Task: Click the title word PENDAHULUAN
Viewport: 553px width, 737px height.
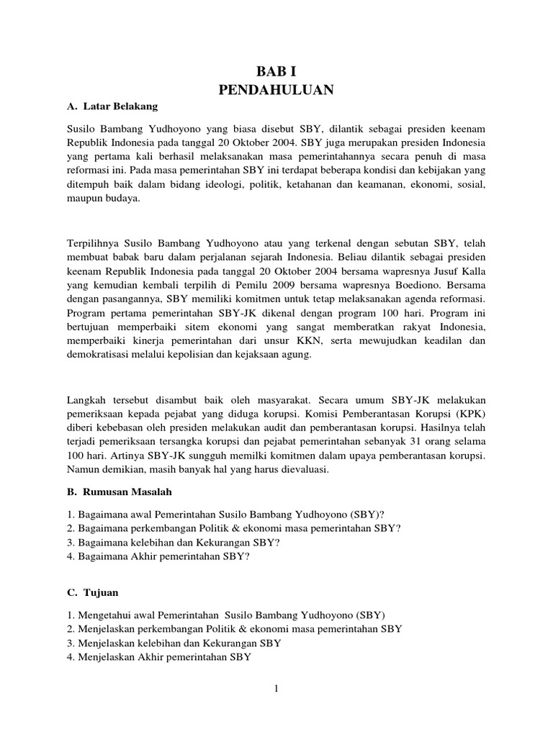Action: tap(276, 90)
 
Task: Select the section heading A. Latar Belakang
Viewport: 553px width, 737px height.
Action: tap(112, 107)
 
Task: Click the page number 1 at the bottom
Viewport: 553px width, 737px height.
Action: tap(276, 689)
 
